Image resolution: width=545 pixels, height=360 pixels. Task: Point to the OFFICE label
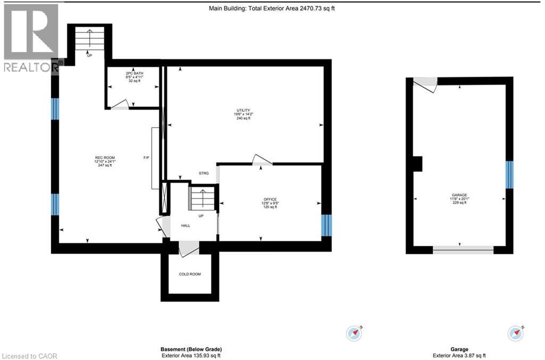(x=270, y=199)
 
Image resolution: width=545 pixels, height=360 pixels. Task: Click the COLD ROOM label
(x=190, y=274)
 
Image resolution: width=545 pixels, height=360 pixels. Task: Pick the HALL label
(x=185, y=225)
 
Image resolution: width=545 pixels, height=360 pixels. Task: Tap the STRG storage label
(x=204, y=173)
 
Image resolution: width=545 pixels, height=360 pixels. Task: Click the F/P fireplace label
(x=146, y=157)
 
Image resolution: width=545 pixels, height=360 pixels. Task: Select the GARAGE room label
(x=459, y=195)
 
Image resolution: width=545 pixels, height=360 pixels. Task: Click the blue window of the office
(x=326, y=225)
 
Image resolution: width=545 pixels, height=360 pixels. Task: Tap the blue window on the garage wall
(x=509, y=174)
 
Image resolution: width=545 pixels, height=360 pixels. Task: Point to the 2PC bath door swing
(x=119, y=104)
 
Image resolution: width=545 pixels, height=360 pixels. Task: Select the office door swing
(x=261, y=160)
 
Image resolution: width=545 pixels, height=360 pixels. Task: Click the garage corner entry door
(x=425, y=83)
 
